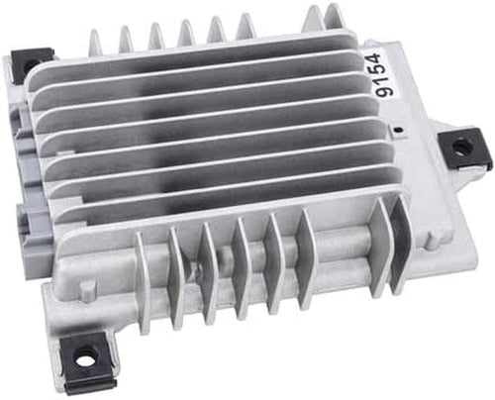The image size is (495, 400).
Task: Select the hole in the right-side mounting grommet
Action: (460, 147)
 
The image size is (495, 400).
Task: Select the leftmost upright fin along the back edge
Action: (95, 43)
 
